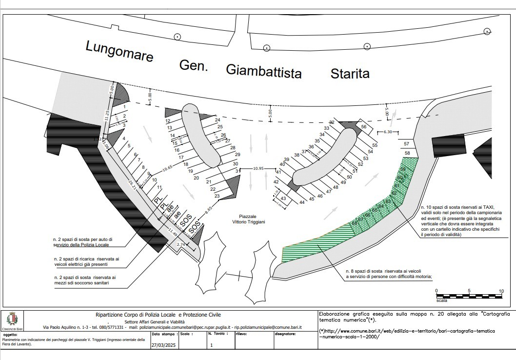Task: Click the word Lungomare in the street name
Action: (x=119, y=51)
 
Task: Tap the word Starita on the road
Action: (x=350, y=74)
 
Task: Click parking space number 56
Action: (x=363, y=126)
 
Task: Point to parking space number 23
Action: (x=217, y=196)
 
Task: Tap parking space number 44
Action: (x=302, y=202)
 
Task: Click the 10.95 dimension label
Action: (x=258, y=169)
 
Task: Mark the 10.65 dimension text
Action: (x=167, y=168)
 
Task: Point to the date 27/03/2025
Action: (x=162, y=345)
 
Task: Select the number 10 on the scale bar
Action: (x=501, y=291)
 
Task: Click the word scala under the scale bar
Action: (x=441, y=301)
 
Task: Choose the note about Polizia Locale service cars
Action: (x=82, y=241)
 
